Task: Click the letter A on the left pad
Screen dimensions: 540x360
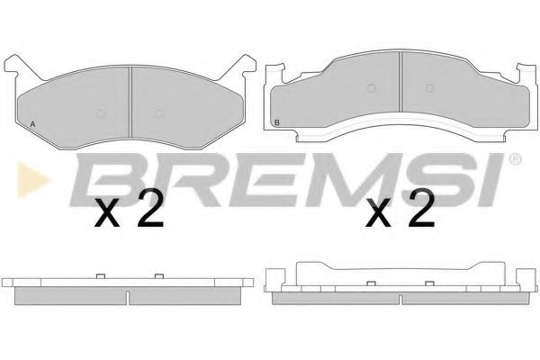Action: [x=32, y=124]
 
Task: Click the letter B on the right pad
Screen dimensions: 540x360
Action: [x=277, y=122]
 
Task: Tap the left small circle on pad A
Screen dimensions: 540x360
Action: [x=101, y=113]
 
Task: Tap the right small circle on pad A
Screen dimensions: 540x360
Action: [x=158, y=113]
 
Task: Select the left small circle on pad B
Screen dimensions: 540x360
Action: [x=371, y=88]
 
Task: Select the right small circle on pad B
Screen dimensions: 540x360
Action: [x=429, y=88]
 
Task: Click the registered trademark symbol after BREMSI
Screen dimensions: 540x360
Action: [x=515, y=159]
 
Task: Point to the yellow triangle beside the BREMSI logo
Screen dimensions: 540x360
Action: [x=32, y=180]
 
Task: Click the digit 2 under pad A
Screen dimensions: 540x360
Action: [x=150, y=209]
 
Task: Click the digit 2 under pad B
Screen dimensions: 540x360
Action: [x=421, y=209]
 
